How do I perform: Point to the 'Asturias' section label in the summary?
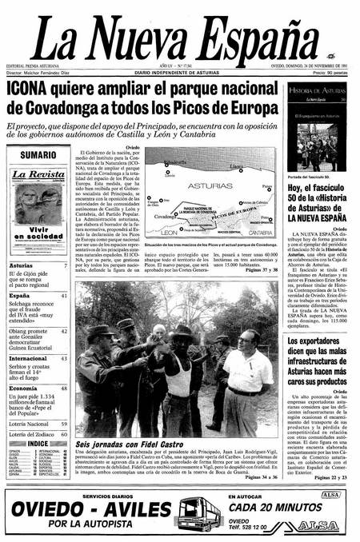pos(22,265)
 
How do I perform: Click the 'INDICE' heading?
pos(38,443)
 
